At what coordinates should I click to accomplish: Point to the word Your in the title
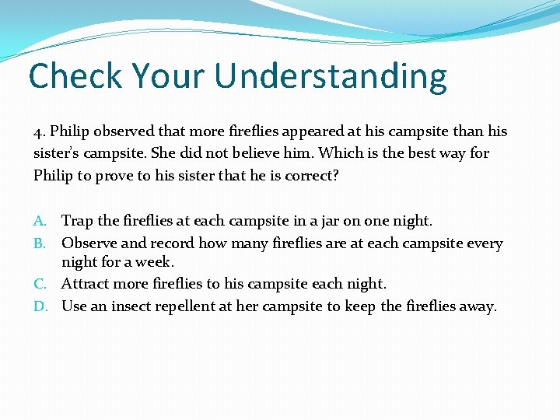tap(171, 76)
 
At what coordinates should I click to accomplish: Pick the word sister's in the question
tap(57, 153)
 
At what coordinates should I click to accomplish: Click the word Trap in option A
tap(76, 222)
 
